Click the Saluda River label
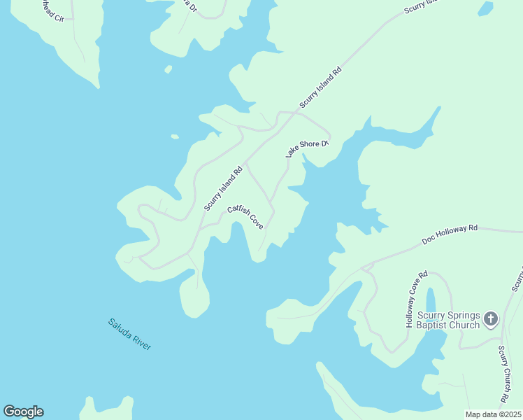click(x=129, y=335)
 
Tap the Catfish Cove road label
click(x=245, y=218)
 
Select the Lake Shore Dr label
click(x=307, y=148)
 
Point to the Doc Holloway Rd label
click(x=450, y=234)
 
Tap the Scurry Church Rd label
click(x=503, y=375)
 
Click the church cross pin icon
click(x=491, y=320)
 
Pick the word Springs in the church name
click(x=462, y=315)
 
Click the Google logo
click(x=23, y=412)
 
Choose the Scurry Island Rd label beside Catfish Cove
click(x=223, y=188)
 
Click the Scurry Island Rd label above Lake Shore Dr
click(x=322, y=87)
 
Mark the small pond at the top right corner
click(x=485, y=8)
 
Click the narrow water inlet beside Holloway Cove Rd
click(x=431, y=303)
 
